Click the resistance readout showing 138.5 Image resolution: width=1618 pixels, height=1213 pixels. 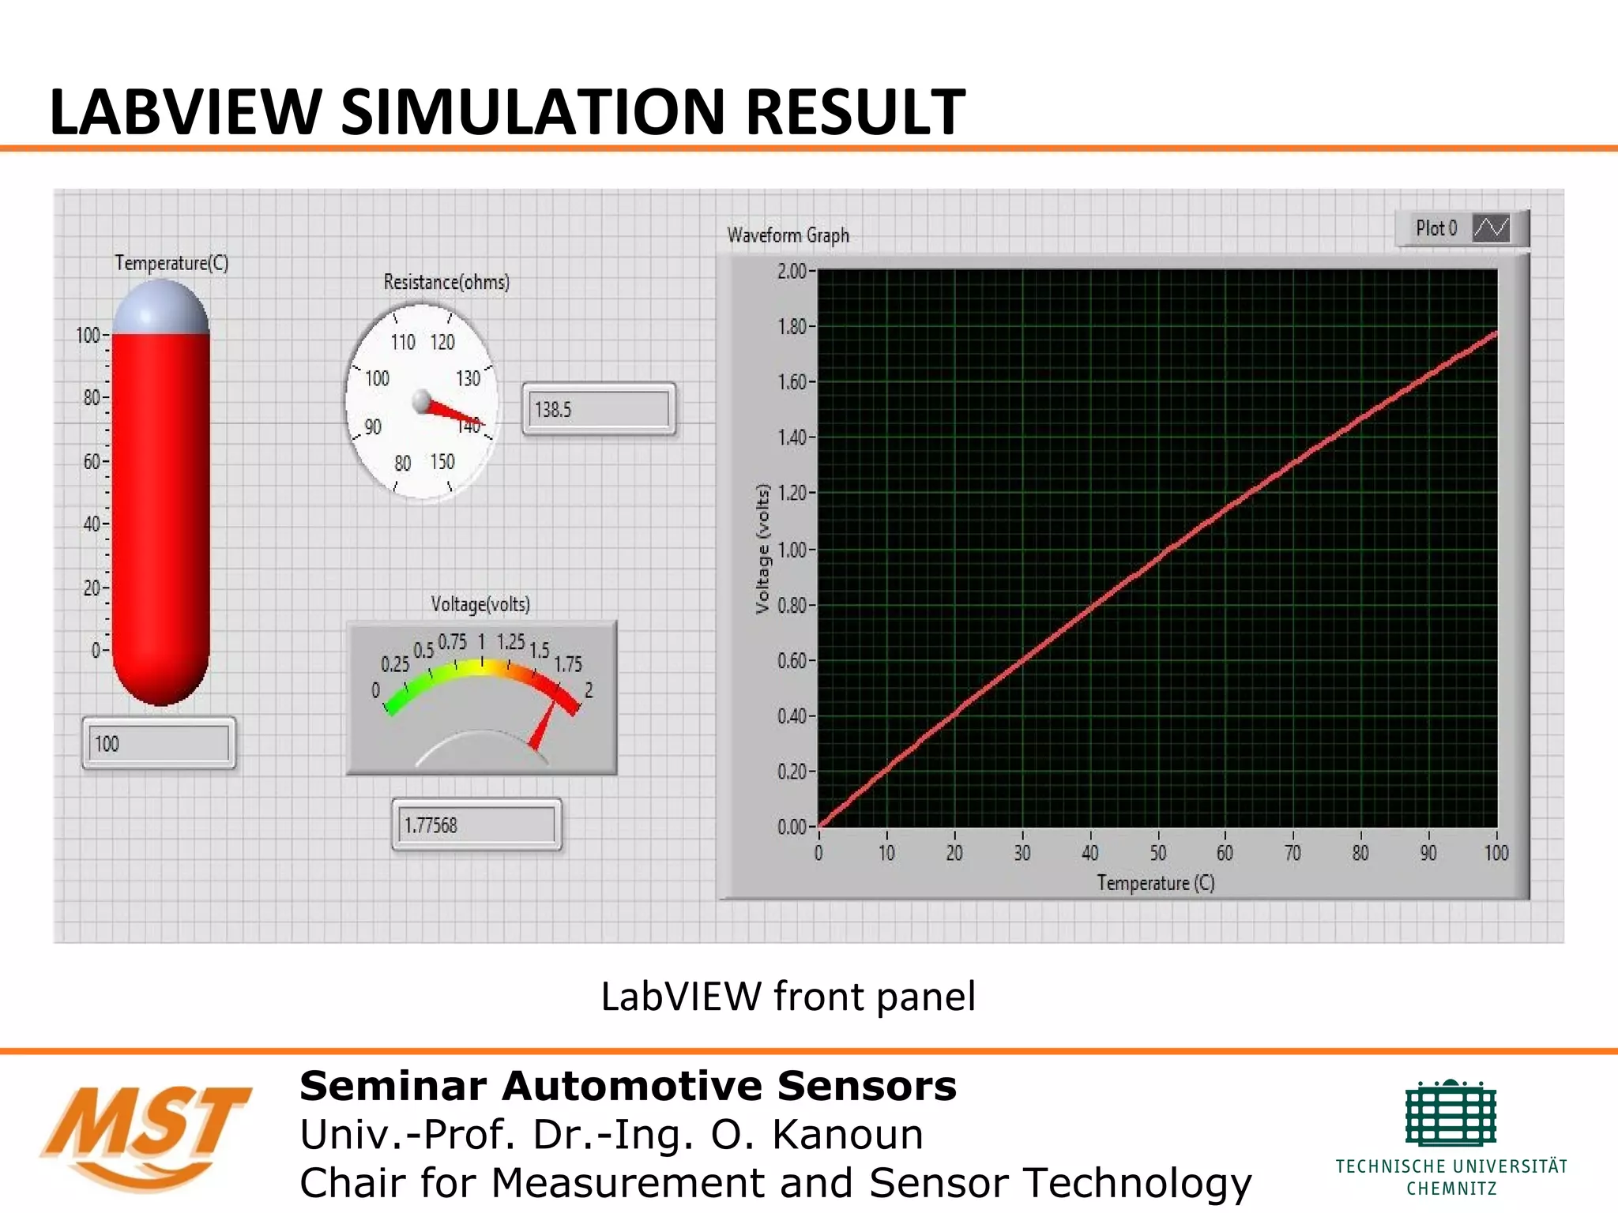tap(598, 409)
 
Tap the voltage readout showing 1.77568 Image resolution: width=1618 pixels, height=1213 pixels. tap(476, 825)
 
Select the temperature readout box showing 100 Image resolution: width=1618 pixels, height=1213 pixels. tap(159, 743)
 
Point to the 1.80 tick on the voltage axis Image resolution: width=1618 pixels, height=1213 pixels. tap(792, 326)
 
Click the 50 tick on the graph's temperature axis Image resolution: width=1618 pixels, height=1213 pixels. tap(1157, 853)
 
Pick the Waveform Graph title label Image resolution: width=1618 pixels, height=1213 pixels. tap(788, 235)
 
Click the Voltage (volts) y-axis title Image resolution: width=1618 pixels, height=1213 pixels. tap(762, 548)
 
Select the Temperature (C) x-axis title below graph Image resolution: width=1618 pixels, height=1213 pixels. tap(1155, 883)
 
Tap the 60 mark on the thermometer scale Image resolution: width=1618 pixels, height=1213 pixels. tap(92, 461)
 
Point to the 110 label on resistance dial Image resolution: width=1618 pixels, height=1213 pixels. tap(403, 342)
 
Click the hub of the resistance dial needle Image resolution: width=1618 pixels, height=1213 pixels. tap(423, 401)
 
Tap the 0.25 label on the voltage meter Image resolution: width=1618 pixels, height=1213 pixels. tap(395, 663)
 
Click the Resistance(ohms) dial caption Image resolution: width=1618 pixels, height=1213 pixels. tap(446, 282)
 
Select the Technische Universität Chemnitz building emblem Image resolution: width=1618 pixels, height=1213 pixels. tap(1451, 1113)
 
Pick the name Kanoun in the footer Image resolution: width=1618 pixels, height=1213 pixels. tap(846, 1135)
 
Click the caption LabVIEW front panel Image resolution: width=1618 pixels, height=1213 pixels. tap(788, 996)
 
